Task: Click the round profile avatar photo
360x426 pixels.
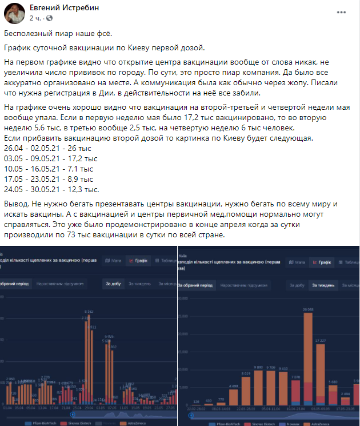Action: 14,13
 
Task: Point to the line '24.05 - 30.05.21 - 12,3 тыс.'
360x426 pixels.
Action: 52,189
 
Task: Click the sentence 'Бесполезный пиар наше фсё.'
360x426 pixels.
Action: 57,34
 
